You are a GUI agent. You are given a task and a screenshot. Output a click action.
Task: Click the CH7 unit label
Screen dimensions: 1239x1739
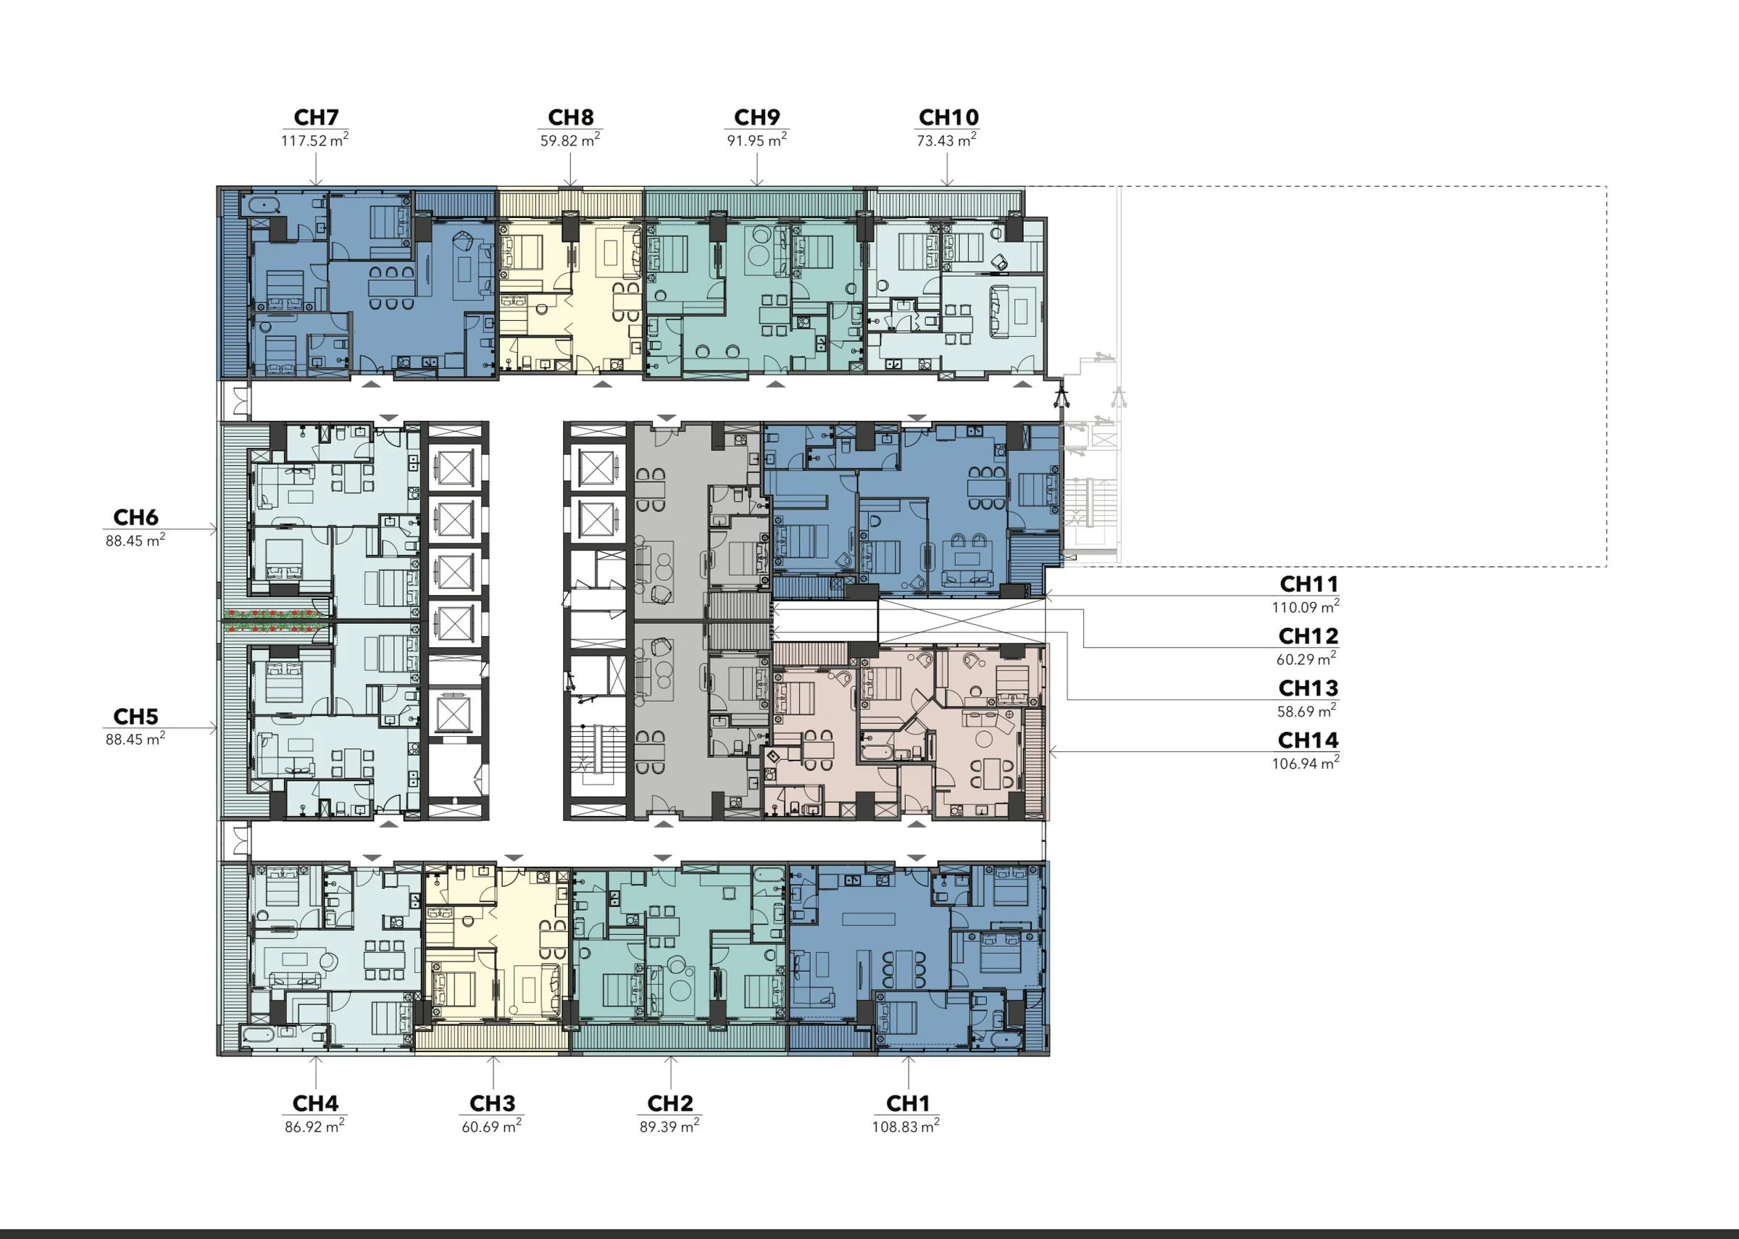(x=316, y=117)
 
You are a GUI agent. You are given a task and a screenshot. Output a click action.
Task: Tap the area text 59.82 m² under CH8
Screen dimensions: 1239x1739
(x=570, y=141)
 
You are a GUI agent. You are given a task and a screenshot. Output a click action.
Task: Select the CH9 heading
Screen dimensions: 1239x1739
(x=756, y=117)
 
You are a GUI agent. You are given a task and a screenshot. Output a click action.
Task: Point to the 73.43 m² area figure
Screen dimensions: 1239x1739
(x=946, y=141)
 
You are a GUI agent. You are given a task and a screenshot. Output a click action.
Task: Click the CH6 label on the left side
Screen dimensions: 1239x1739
(x=135, y=517)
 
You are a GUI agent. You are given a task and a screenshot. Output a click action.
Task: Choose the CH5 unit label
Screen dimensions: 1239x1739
(x=135, y=717)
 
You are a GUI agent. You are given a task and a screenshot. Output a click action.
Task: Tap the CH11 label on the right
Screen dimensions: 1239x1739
(x=1309, y=585)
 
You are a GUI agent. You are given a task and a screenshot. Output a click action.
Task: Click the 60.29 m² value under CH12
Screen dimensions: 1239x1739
(x=1306, y=659)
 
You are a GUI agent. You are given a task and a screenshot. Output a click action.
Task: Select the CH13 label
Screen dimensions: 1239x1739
(x=1309, y=688)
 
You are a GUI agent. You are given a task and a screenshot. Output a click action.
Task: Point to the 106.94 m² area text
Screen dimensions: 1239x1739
(x=1305, y=763)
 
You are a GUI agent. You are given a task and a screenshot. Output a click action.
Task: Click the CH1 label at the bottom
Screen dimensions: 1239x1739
(x=908, y=1104)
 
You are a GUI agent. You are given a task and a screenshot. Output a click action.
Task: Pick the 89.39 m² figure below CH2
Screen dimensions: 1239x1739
(x=669, y=1127)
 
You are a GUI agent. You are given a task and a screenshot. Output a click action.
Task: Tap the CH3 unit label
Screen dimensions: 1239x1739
(x=492, y=1104)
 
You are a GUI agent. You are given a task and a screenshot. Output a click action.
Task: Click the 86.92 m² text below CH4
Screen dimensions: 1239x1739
(x=314, y=1127)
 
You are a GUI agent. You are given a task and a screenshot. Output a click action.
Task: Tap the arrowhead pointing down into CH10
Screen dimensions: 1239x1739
(x=946, y=183)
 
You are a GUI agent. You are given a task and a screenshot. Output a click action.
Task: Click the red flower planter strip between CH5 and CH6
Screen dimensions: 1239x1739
(x=273, y=620)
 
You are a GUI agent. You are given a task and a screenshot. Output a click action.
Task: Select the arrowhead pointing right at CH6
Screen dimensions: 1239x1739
(x=214, y=529)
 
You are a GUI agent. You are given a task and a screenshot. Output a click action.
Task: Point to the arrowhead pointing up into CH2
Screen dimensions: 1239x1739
(x=670, y=1061)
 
